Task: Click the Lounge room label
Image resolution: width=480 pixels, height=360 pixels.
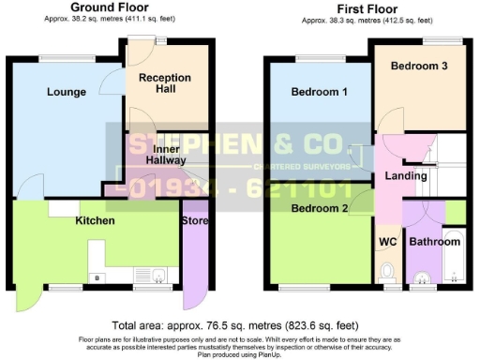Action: (x=65, y=92)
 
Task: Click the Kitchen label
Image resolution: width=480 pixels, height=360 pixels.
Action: (x=95, y=221)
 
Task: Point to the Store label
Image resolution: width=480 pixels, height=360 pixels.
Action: (x=196, y=221)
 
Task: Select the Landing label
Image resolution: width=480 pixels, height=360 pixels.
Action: (x=405, y=175)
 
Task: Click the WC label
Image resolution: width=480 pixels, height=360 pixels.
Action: (x=387, y=241)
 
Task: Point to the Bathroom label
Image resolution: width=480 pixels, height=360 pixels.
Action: (x=435, y=241)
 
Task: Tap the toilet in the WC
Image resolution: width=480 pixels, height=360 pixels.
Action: (x=387, y=272)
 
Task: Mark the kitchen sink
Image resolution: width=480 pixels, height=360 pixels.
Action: (x=159, y=275)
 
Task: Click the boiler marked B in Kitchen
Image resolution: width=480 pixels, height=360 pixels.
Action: (x=97, y=277)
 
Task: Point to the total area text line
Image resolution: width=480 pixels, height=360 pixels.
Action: (x=239, y=319)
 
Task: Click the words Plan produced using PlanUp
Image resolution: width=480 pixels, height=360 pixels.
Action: (x=239, y=355)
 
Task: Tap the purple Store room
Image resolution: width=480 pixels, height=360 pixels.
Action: (x=196, y=262)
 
